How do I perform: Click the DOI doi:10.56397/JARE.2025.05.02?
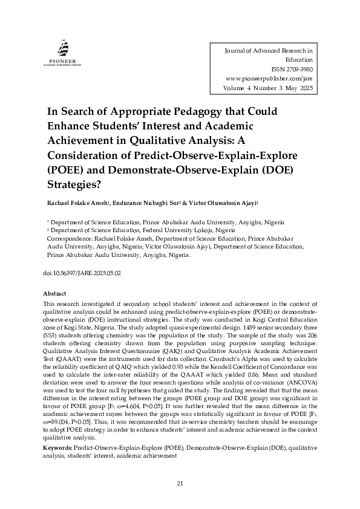pos(82,273)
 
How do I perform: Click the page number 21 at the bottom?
pos(180,482)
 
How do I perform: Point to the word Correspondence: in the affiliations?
pos(70,239)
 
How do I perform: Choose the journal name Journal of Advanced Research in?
pos(268,51)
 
